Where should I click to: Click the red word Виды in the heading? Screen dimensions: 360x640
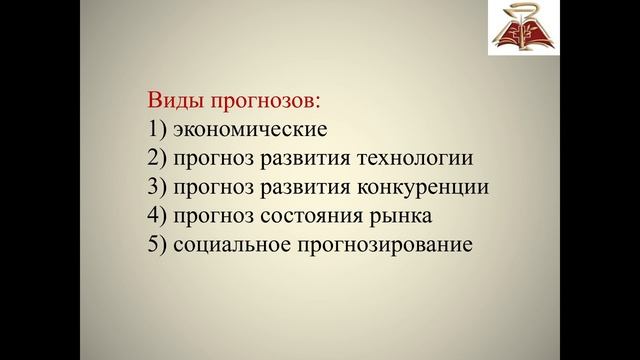click(x=173, y=101)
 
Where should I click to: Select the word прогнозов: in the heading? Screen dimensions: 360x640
click(x=262, y=101)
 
